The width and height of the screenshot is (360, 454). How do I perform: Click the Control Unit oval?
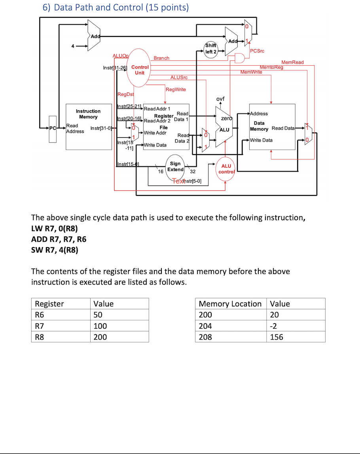pyautogui.click(x=140, y=70)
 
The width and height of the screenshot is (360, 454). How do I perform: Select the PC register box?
pyautogui.click(x=53, y=128)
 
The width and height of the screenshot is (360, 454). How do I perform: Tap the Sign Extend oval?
pyautogui.click(x=175, y=166)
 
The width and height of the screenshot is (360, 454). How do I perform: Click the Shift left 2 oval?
pyautogui.click(x=210, y=49)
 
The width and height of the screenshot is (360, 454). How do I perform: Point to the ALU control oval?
pyautogui.click(x=226, y=169)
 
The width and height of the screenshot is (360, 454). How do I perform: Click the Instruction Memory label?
pyautogui.click(x=88, y=114)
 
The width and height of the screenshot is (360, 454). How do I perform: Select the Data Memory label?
pyautogui.click(x=259, y=126)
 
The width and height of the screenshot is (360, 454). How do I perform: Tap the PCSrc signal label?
pyautogui.click(x=257, y=51)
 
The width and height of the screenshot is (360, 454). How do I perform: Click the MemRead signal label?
pyautogui.click(x=292, y=62)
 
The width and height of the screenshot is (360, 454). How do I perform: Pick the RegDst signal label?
pyautogui.click(x=126, y=95)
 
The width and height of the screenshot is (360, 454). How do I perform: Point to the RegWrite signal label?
pyautogui.click(x=176, y=90)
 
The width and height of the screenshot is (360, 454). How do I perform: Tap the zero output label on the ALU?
pyautogui.click(x=226, y=118)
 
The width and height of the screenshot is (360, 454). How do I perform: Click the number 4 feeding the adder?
pyautogui.click(x=73, y=46)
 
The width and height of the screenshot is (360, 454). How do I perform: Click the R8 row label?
pyautogui.click(x=40, y=337)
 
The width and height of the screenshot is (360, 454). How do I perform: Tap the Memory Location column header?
pyautogui.click(x=230, y=304)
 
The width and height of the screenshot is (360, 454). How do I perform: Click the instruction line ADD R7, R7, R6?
pyautogui.click(x=59, y=239)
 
